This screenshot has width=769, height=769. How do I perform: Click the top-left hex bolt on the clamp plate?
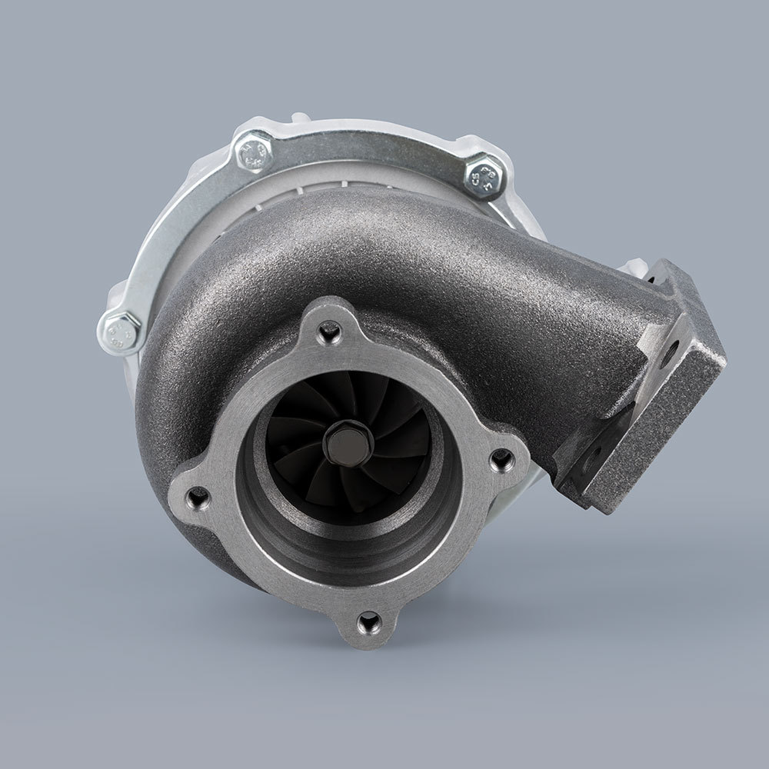[253, 151]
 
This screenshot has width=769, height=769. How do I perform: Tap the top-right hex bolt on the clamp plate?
[485, 176]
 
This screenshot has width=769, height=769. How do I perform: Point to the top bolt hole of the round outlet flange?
[330, 331]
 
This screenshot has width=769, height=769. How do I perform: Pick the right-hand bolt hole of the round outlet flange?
[502, 460]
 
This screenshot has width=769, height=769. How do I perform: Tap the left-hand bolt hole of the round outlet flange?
[198, 498]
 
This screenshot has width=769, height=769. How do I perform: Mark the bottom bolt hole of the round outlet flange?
[369, 620]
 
